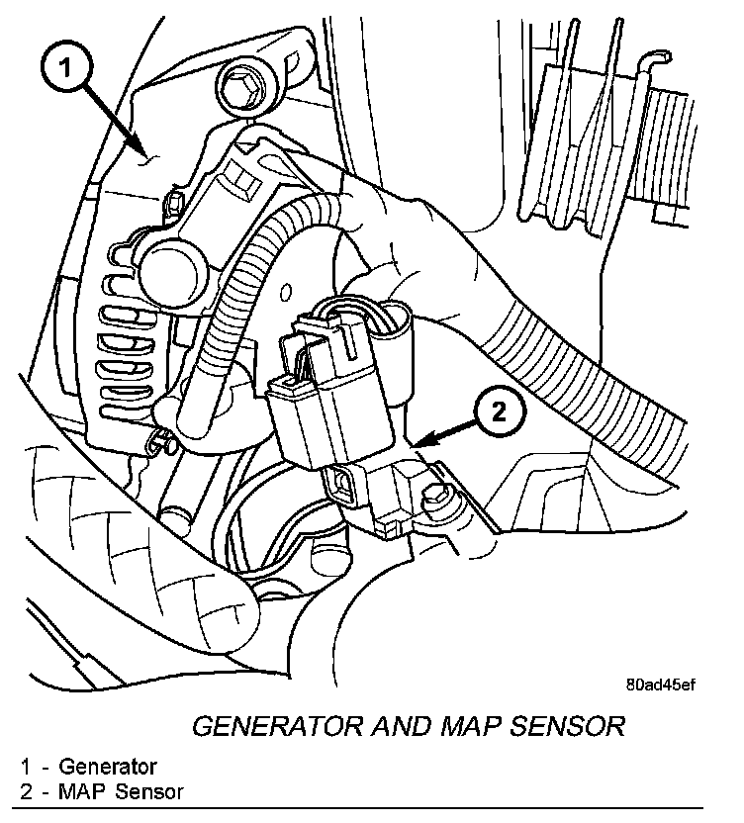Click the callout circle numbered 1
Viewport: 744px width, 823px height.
click(64, 68)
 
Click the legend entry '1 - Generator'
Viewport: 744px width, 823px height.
click(88, 765)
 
